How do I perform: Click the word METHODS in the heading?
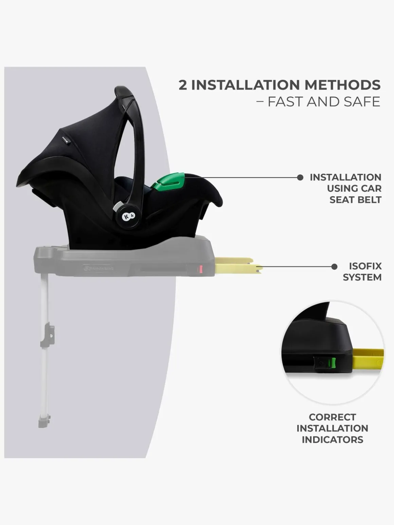(x=342, y=85)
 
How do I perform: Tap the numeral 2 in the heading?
(x=183, y=85)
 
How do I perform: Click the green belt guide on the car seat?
(x=169, y=182)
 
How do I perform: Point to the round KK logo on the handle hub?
(x=128, y=216)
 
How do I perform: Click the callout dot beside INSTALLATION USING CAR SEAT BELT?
(x=300, y=177)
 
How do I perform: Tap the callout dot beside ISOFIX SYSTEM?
(x=334, y=266)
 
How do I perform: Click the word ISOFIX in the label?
(x=365, y=266)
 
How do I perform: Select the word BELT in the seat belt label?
(x=369, y=200)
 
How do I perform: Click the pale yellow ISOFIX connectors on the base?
(x=239, y=265)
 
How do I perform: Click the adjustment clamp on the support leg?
(x=48, y=335)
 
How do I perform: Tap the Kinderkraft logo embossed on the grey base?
(x=98, y=268)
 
